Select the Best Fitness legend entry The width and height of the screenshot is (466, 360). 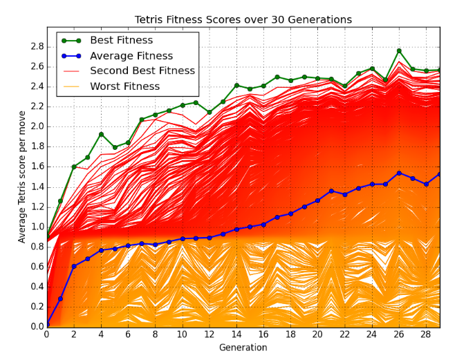(122, 41)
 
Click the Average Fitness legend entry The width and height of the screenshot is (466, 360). (131, 56)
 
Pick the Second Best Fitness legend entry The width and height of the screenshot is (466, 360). (142, 71)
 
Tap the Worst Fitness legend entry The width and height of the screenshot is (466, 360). (124, 86)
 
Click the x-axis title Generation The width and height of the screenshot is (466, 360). (243, 348)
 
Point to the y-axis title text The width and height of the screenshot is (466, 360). (22, 177)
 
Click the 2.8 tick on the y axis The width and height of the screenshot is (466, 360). (34, 47)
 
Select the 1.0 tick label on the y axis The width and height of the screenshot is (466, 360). (34, 227)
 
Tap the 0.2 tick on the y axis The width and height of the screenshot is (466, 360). (34, 307)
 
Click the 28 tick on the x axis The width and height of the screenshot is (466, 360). (426, 334)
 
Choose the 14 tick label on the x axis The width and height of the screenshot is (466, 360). (236, 334)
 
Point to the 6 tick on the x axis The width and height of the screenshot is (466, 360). (128, 334)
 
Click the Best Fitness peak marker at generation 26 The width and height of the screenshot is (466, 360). (399, 50)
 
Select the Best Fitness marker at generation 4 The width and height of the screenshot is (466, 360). (101, 134)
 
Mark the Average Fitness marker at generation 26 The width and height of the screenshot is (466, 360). (399, 173)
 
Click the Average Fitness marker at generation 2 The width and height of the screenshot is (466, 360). (74, 266)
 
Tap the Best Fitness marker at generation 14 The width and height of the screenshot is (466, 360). (236, 86)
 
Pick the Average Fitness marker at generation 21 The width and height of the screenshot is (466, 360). (331, 191)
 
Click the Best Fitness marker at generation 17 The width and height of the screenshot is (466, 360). (277, 77)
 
